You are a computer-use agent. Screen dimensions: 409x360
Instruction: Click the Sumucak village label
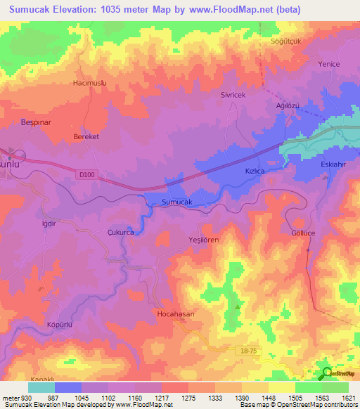click(x=177, y=202)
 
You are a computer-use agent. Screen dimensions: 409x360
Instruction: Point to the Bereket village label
click(x=86, y=138)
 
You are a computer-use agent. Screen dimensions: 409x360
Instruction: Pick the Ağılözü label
click(x=286, y=105)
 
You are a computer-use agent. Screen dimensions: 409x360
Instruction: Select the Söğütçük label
click(x=286, y=41)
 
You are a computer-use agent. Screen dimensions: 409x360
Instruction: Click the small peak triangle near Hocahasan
click(x=238, y=306)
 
